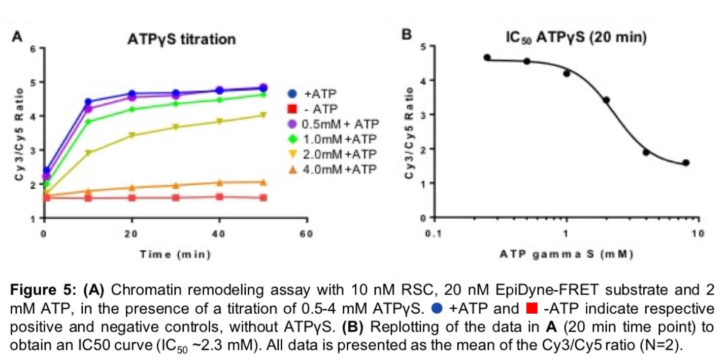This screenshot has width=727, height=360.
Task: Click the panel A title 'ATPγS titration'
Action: point(181,39)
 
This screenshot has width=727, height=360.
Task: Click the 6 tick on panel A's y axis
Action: point(33,48)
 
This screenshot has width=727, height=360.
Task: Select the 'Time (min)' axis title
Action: point(175,254)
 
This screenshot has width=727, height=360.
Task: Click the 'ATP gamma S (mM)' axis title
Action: point(565,254)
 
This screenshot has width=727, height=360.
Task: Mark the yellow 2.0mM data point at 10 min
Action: point(88,153)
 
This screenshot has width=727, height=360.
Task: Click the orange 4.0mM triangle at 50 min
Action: point(263,182)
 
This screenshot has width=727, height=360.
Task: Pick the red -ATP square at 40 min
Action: point(219,197)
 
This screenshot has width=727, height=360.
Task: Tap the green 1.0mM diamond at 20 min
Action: point(132,109)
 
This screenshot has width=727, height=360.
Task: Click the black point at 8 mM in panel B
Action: point(686,162)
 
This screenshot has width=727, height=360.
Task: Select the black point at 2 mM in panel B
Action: point(606,100)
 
